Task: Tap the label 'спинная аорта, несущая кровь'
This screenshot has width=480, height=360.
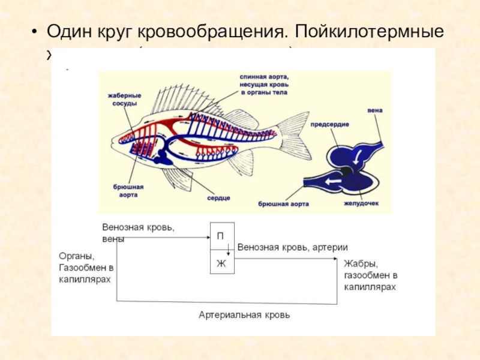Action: [x=264, y=81]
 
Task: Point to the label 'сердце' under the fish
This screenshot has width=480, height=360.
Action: [x=219, y=198]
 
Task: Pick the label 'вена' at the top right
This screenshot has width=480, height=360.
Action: [x=374, y=111]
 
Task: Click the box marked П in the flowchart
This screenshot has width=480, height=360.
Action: [x=221, y=236]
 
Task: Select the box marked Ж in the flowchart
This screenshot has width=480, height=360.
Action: [x=221, y=264]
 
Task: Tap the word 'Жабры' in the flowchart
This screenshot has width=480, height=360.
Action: [x=361, y=263]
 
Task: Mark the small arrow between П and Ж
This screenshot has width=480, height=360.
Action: [x=228, y=248]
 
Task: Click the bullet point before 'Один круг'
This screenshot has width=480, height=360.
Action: [x=35, y=32]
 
